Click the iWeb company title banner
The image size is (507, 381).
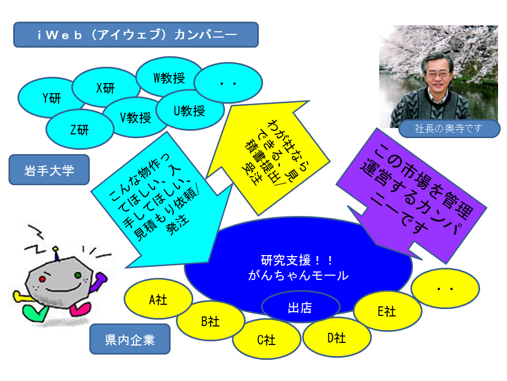(136, 35)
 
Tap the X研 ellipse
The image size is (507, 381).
(106, 87)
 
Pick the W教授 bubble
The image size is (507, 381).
(169, 77)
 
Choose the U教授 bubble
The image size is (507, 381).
(190, 111)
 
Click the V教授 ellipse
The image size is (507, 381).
(135, 118)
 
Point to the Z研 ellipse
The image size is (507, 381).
(80, 130)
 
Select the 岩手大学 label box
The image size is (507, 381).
(49, 170)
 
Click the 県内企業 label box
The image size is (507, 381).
(130, 339)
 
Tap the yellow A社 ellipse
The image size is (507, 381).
(158, 300)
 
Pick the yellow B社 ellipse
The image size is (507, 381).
(210, 321)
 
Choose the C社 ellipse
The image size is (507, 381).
(266, 340)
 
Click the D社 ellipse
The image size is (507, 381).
(336, 338)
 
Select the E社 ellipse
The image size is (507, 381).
(388, 311)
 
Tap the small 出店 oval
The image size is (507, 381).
(301, 307)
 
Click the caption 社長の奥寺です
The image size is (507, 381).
(449, 129)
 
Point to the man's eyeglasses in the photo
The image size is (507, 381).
(438, 75)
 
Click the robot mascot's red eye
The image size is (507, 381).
(42, 279)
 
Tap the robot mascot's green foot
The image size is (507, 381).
(35, 313)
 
